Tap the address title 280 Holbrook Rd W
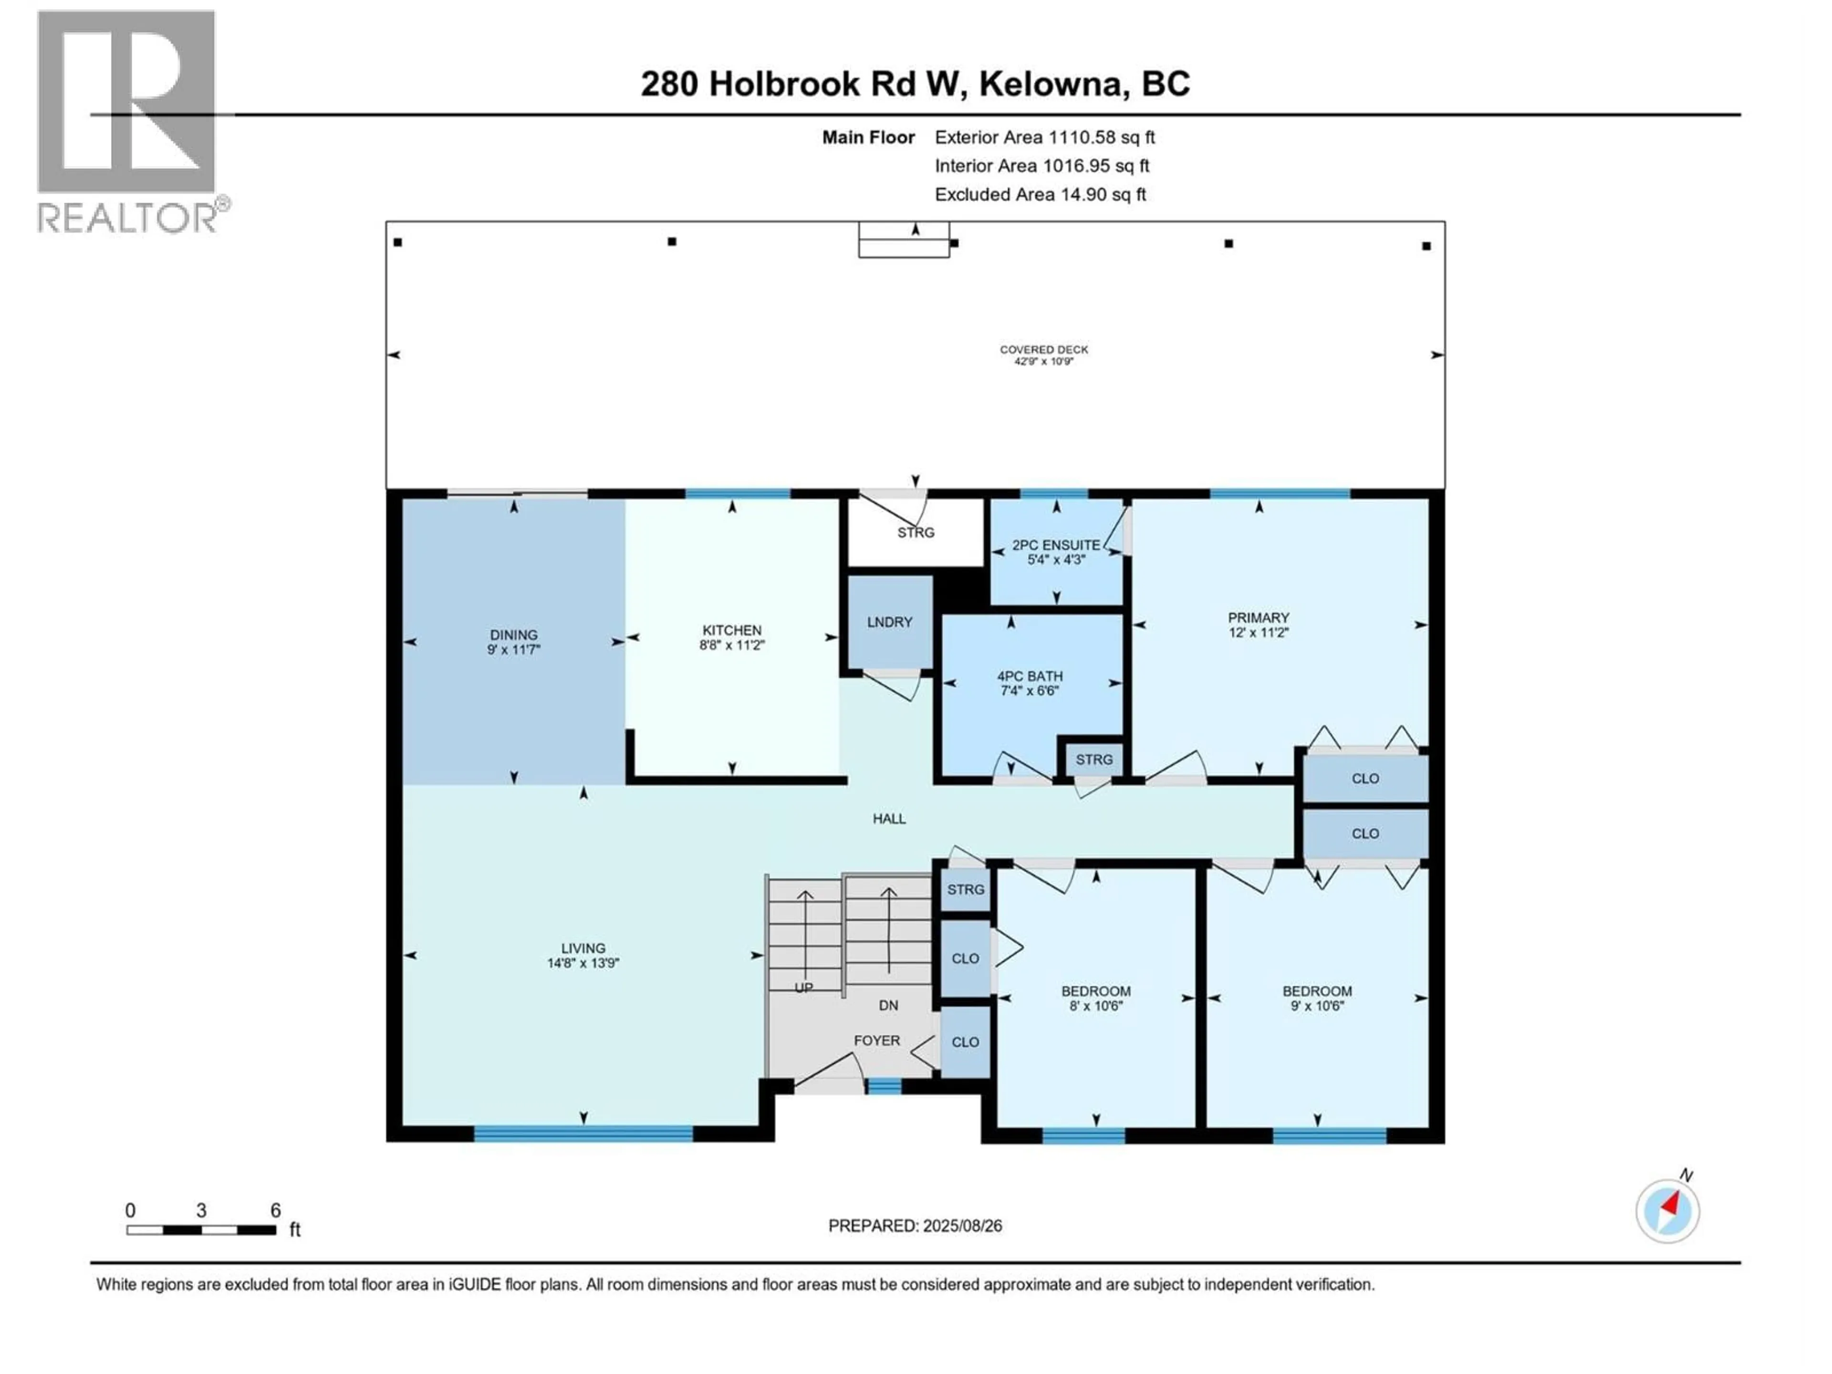tap(915, 83)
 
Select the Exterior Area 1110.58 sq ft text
tap(1044, 137)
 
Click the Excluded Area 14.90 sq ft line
tap(1040, 195)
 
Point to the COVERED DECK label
tap(1043, 350)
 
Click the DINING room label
tap(513, 635)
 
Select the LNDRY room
tap(889, 622)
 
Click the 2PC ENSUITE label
tap(1056, 545)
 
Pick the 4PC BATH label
tap(1030, 676)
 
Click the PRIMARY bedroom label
tap(1258, 618)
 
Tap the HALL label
tap(889, 818)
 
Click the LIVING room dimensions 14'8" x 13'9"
tap(583, 963)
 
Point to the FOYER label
tap(876, 1040)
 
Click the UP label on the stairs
tap(803, 987)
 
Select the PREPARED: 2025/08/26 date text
tap(915, 1226)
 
